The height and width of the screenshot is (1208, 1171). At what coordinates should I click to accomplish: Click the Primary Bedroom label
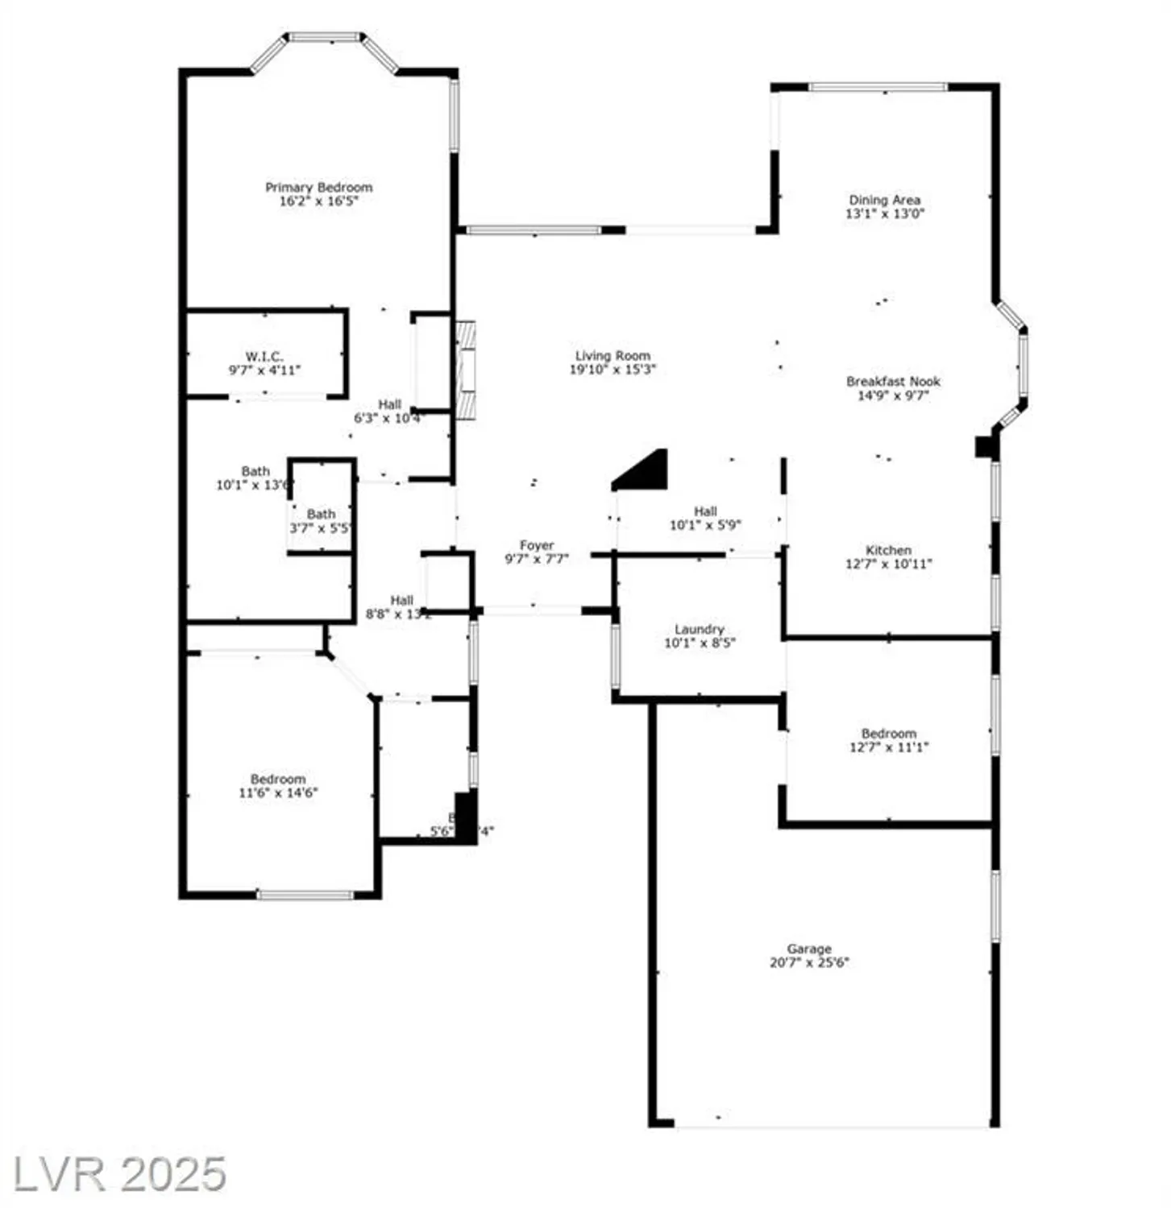318,188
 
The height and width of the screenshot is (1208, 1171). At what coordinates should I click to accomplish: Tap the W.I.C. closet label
264,357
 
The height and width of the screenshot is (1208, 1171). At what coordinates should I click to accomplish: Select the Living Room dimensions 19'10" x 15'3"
612,370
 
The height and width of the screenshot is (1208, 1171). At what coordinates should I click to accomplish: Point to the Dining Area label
884,200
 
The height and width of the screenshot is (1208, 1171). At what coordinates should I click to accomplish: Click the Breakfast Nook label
893,382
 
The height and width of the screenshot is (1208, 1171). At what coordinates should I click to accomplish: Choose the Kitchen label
888,550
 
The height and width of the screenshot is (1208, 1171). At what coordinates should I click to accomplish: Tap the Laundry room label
699,629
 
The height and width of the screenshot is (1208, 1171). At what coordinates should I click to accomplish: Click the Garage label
809,949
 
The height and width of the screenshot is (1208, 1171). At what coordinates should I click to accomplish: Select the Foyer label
536,545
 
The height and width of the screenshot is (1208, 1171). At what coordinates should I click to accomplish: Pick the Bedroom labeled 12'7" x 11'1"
888,740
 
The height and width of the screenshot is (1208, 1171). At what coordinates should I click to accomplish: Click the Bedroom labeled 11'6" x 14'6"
278,786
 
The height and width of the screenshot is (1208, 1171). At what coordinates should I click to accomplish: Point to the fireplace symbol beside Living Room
465,370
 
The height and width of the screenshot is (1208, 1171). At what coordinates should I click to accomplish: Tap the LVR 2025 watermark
119,1174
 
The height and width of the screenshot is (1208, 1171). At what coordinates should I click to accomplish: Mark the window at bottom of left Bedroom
305,894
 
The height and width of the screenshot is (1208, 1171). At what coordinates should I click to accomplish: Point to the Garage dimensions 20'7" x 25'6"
809,962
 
